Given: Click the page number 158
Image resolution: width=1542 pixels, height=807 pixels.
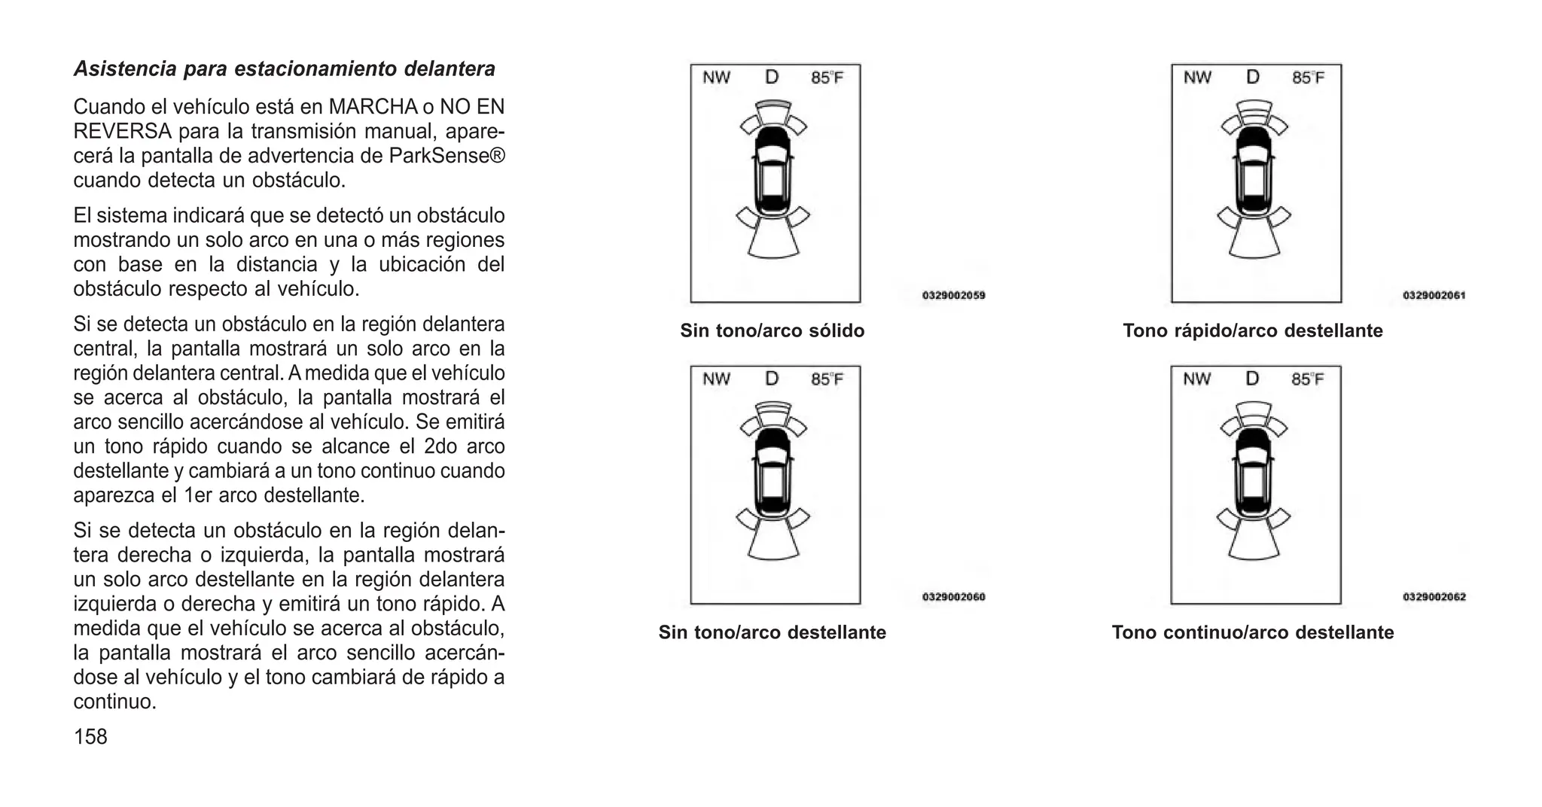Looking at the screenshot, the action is click(90, 737).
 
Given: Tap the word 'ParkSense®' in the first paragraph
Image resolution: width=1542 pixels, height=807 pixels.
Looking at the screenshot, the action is click(447, 156).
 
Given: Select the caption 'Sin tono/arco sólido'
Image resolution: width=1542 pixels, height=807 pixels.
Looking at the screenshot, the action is click(772, 331).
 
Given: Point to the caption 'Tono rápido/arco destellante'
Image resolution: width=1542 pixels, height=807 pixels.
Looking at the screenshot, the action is click(1252, 331).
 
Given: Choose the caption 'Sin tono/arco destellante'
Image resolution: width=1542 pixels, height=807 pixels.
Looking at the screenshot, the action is click(772, 632).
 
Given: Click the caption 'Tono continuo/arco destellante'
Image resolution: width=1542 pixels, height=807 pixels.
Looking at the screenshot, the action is click(1252, 632).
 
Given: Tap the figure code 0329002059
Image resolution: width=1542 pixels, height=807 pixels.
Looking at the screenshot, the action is click(953, 296).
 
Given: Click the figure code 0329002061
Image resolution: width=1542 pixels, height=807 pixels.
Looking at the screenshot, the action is click(1434, 296).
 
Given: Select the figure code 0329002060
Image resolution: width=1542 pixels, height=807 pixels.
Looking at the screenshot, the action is click(953, 597).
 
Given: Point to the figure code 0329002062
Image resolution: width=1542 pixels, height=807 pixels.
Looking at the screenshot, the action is click(1434, 597).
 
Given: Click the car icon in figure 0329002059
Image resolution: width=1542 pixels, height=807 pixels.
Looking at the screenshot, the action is click(773, 170).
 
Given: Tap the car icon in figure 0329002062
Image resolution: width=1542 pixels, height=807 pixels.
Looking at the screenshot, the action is click(1253, 472).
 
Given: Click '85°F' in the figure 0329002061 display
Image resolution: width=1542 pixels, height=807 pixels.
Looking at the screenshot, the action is click(1308, 78).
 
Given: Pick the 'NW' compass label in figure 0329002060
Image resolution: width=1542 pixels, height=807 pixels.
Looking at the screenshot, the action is click(716, 379).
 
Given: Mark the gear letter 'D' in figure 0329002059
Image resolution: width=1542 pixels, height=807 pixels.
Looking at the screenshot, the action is click(772, 77).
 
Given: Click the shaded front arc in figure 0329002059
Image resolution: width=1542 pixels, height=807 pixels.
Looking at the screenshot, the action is click(773, 104).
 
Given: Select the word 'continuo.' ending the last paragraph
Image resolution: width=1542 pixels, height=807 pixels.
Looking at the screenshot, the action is click(114, 702).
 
